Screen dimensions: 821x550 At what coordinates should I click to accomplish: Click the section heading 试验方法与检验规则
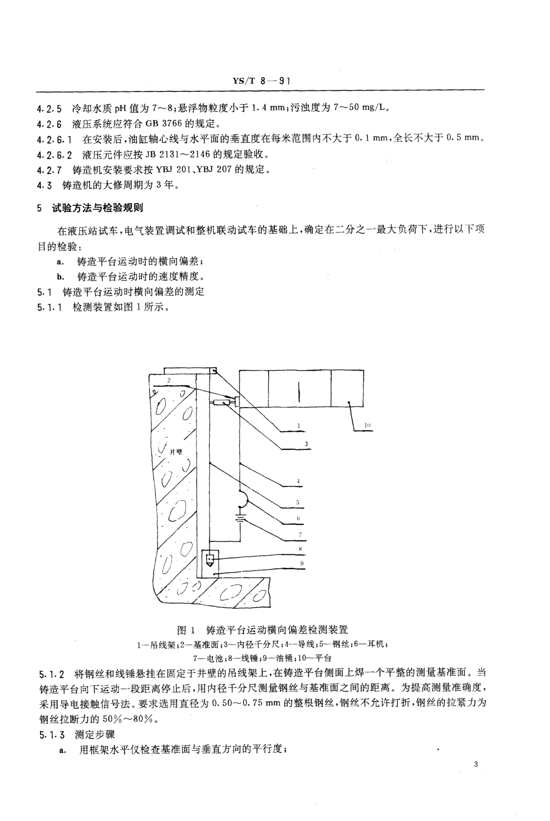click(x=98, y=208)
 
